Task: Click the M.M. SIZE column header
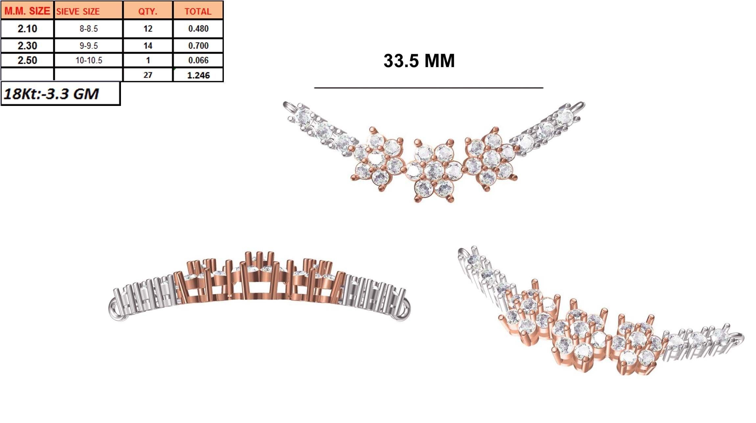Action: pos(27,11)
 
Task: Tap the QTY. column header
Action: pos(148,11)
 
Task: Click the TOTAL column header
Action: pos(198,11)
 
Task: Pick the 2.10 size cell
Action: pos(27,29)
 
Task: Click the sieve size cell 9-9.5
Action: pos(88,45)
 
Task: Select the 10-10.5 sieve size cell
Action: pos(88,60)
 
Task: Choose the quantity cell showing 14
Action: pos(148,45)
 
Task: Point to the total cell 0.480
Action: pos(198,29)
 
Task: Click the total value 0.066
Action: pos(198,60)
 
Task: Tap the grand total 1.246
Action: pos(198,75)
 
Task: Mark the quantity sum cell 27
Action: pos(148,75)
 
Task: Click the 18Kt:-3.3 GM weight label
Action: pos(51,94)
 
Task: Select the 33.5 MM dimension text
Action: pos(419,61)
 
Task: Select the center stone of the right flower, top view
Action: pos(491,159)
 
